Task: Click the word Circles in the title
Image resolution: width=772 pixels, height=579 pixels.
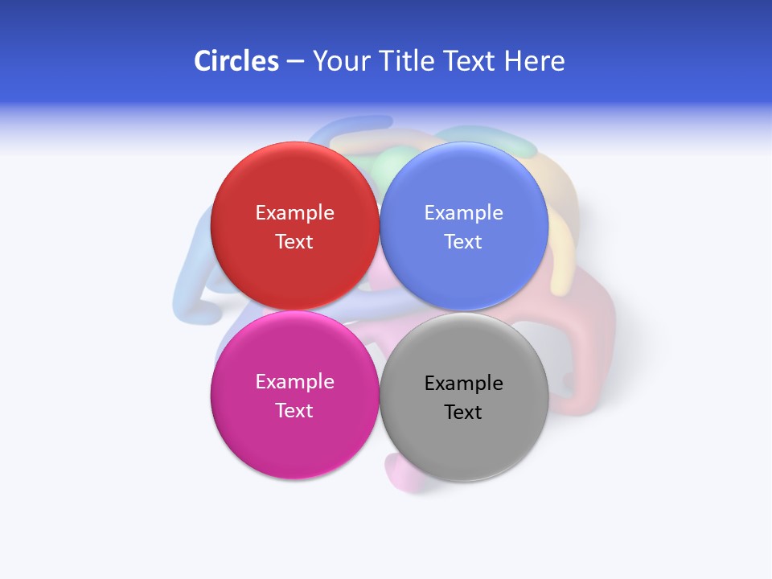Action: pos(236,61)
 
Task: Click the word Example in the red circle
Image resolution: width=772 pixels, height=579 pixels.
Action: pos(294,212)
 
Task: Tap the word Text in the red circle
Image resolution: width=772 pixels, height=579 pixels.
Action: pos(294,241)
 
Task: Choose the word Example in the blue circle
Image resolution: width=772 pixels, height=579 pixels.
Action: pos(463,212)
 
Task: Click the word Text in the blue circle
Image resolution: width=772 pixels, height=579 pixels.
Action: pos(463,241)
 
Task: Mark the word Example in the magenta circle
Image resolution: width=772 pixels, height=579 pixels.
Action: pos(294,381)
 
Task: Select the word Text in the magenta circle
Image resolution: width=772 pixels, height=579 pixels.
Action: pos(294,410)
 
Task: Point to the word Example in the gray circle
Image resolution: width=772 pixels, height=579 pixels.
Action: pos(463,383)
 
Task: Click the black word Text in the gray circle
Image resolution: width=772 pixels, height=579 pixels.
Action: pos(463,412)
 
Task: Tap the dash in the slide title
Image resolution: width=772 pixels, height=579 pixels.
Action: pos(295,61)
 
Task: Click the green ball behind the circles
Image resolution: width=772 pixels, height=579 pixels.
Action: pos(389,162)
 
